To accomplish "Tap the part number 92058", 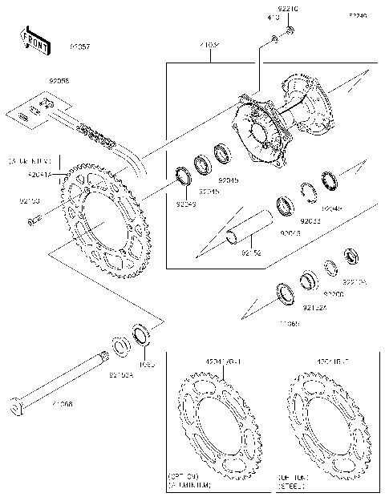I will pyautogui.click(x=59, y=81).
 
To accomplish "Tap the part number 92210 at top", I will pyautogui.click(x=288, y=9).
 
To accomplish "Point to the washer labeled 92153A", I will pyautogui.click(x=121, y=346).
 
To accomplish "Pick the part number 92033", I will pyautogui.click(x=310, y=220).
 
